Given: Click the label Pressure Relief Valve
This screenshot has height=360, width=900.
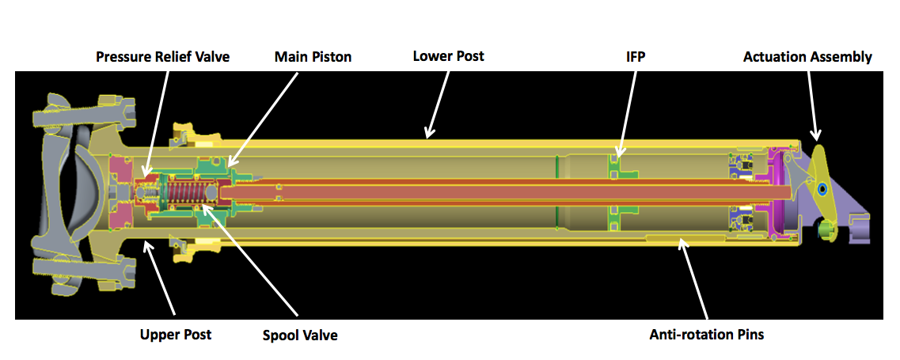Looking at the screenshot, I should (x=162, y=57).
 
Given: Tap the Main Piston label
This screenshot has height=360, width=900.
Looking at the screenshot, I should (x=313, y=57).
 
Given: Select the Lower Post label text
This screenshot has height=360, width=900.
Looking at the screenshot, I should (x=448, y=56).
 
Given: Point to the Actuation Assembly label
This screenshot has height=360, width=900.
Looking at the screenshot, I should (x=807, y=57).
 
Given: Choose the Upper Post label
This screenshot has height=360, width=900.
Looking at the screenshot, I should (x=176, y=335).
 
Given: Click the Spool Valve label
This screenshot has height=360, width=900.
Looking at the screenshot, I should (x=300, y=335).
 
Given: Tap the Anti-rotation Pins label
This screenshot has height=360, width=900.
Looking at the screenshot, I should (x=707, y=335).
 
